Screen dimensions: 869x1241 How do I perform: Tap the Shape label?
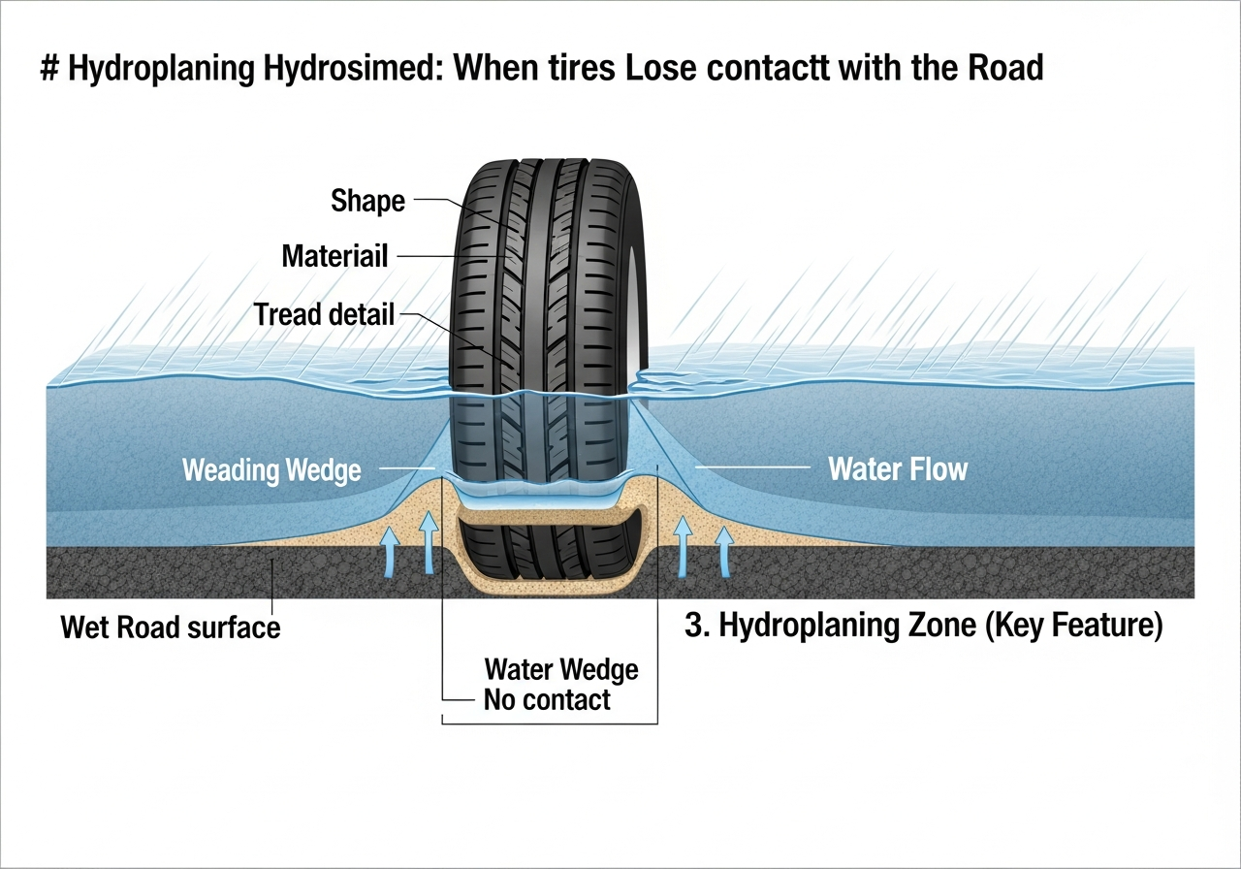[367, 201]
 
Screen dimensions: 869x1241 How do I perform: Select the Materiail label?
[334, 256]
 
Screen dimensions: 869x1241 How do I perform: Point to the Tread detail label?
[324, 314]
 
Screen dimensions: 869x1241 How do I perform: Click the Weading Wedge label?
[271, 471]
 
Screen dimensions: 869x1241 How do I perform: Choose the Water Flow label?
[898, 470]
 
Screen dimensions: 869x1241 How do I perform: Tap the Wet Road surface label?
[171, 627]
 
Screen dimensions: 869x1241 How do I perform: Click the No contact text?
[547, 699]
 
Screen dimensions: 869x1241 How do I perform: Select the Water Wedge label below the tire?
[561, 669]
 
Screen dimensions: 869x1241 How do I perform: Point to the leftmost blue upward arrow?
[391, 553]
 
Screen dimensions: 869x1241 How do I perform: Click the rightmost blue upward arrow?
[722, 553]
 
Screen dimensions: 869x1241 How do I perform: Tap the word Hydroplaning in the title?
[165, 69]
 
